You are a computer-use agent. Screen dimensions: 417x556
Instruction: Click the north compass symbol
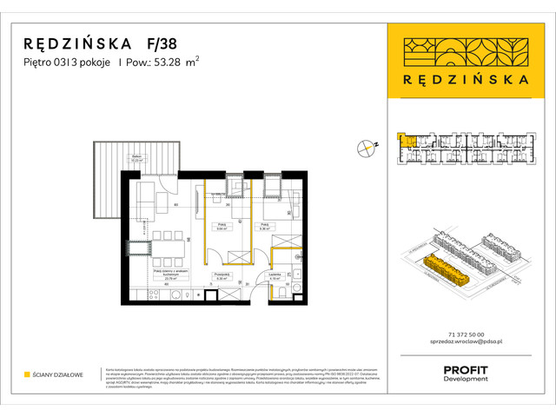(x=365, y=148)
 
